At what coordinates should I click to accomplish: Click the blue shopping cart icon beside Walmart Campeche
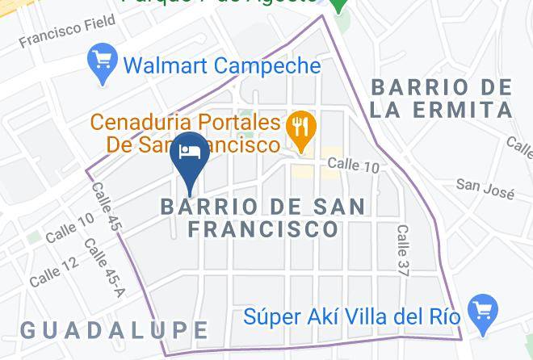[x=102, y=61]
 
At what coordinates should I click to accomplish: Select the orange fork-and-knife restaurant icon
[x=301, y=128]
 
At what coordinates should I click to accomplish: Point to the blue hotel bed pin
[x=191, y=153]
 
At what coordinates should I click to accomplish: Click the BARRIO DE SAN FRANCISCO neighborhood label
[x=262, y=217]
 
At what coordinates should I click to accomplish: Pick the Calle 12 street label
[x=54, y=272]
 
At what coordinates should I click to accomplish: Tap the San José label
[x=485, y=186]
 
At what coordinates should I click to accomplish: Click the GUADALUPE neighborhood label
[x=113, y=329]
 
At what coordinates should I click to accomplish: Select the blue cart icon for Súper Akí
[x=483, y=309]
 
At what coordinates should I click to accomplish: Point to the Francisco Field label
[x=57, y=33]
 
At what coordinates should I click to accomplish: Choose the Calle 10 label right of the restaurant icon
[x=353, y=165]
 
